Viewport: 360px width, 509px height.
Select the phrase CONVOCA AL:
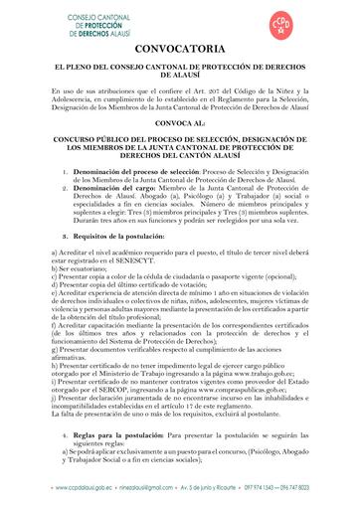pyautogui.click(x=180, y=125)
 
